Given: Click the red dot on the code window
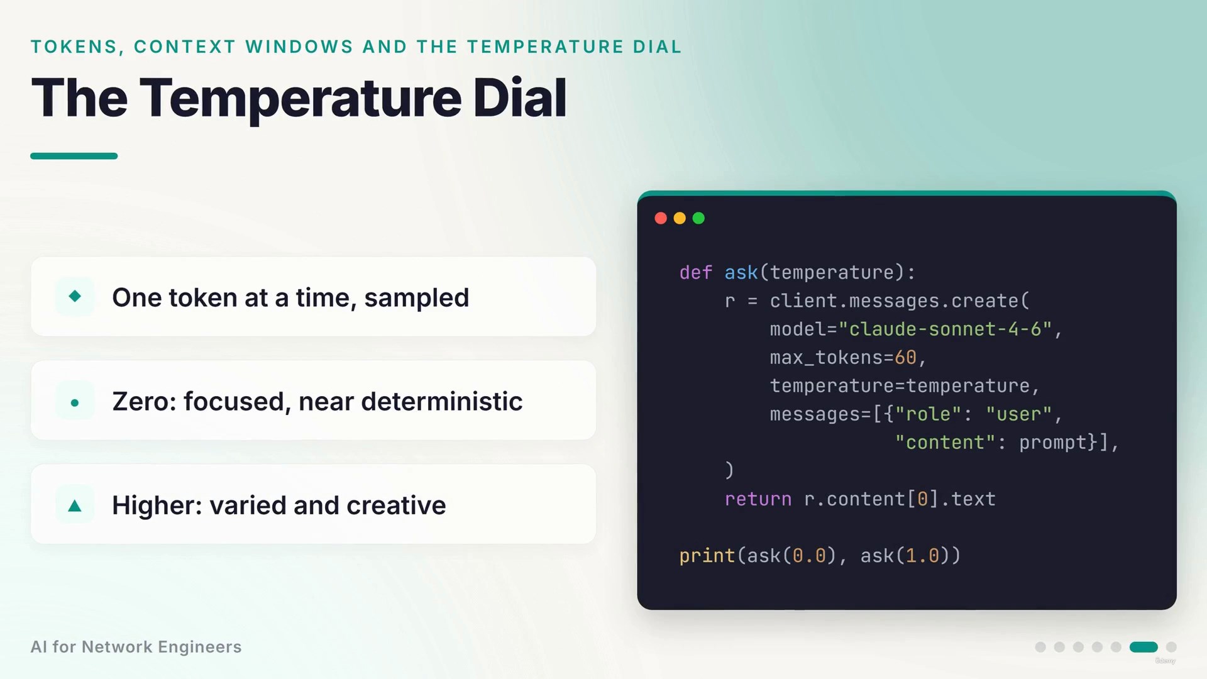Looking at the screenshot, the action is (661, 218).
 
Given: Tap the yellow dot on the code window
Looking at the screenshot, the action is (680, 218).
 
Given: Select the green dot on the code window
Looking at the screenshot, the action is (698, 218).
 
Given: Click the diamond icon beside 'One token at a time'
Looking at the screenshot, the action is (75, 295).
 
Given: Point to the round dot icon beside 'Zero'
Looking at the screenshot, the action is (75, 402).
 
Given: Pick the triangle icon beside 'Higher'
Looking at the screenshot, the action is (75, 505).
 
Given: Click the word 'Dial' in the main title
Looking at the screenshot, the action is (519, 97).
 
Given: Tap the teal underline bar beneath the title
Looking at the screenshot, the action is (74, 156).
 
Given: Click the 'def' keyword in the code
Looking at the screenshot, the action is (695, 272).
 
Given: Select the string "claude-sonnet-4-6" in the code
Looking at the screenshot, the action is (945, 329).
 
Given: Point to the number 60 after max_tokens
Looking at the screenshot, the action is (905, 357).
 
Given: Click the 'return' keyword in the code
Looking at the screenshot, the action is (758, 499).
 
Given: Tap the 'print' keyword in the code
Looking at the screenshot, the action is (707, 556).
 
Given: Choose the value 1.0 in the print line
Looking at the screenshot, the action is (922, 556).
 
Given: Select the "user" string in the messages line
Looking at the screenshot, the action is (1019, 414).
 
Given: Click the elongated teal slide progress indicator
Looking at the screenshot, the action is (1144, 647).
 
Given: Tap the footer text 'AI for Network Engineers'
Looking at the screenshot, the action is (136, 647).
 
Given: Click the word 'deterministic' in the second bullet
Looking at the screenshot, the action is (442, 401).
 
